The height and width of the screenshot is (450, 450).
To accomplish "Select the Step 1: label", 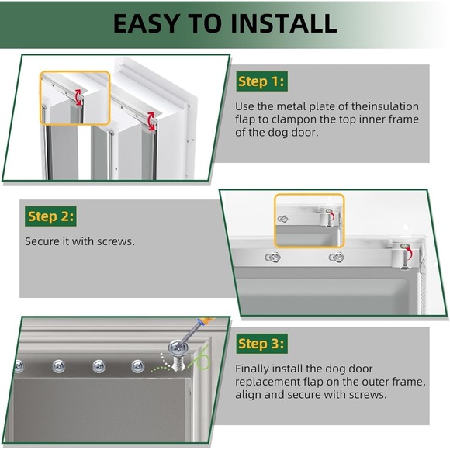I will click(262, 81).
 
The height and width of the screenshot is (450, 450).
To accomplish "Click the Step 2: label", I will click(51, 216).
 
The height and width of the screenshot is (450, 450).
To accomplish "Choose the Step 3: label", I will click(262, 343).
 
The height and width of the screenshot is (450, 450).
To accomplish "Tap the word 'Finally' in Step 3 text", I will click(254, 369).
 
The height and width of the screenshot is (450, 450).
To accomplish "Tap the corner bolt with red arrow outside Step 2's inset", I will click(403, 251).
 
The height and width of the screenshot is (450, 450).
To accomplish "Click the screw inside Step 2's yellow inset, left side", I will click(283, 220).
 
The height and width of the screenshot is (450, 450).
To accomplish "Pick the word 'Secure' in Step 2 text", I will click(43, 241).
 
